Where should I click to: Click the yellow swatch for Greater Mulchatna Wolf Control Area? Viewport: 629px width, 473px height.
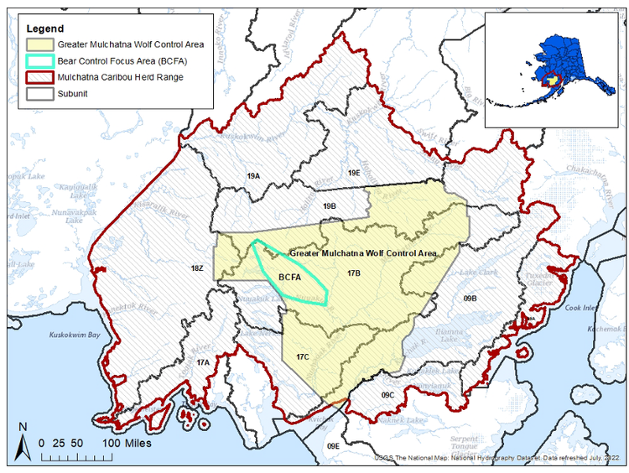point(39,44)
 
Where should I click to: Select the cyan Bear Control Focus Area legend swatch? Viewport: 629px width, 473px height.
point(39,60)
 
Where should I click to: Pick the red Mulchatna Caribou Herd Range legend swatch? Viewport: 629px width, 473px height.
point(39,76)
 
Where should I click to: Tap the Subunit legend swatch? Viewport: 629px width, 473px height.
point(39,93)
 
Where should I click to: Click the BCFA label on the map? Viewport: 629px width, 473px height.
point(289,277)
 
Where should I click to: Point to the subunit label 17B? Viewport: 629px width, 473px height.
point(353,273)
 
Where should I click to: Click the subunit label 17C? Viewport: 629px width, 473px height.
point(303,357)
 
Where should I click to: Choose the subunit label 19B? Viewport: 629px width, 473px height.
point(329,205)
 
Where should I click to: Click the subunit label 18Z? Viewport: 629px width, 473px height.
point(196,268)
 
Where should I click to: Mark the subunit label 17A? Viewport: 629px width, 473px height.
point(202,362)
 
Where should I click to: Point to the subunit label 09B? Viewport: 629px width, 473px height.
point(469,298)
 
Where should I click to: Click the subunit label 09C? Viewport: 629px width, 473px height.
point(387,394)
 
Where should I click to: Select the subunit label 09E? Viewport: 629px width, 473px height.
point(333,445)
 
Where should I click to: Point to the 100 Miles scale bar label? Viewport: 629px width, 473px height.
point(122,442)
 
